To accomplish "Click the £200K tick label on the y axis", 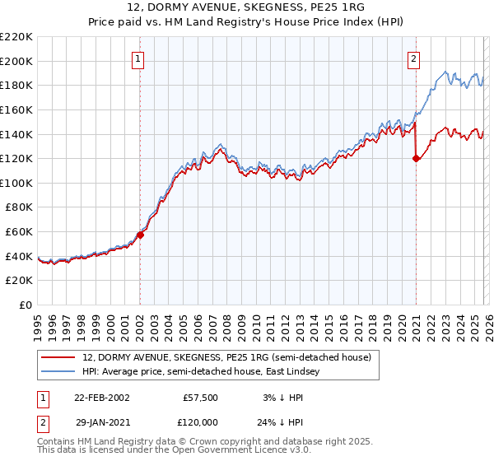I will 16,61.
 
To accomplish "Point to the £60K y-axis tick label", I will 19,232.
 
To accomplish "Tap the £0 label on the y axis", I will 26,305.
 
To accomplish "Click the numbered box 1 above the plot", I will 138,58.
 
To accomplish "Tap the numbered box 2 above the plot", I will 413,58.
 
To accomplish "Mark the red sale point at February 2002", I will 141,235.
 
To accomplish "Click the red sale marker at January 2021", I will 416,159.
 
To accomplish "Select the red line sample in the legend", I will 59,358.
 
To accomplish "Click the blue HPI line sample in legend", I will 59,372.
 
